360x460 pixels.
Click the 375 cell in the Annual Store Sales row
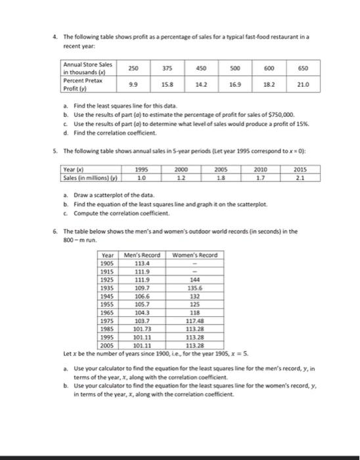click(175, 68)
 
